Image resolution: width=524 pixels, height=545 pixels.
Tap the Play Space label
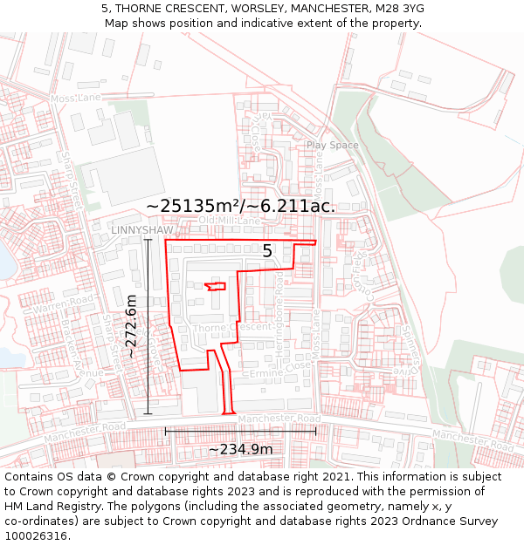point(332,145)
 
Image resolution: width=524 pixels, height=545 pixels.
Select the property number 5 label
point(267,251)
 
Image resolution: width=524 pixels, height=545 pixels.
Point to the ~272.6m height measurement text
point(132,326)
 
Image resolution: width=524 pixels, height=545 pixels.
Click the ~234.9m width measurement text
point(240,449)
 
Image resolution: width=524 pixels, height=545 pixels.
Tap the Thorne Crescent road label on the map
point(231,328)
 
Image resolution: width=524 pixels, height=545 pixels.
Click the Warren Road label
point(63,304)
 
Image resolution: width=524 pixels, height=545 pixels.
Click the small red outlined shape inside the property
point(215,286)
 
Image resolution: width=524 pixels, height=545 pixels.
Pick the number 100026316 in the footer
point(37,536)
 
